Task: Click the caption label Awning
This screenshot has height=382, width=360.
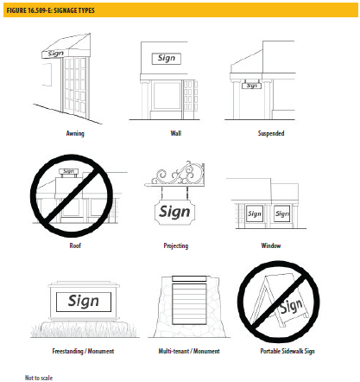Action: [x=75, y=133]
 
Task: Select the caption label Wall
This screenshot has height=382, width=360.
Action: [x=176, y=133]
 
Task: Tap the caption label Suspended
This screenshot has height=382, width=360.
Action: [x=271, y=133]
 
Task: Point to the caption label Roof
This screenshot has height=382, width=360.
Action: [x=75, y=245]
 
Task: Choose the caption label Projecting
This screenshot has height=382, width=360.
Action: [x=176, y=245]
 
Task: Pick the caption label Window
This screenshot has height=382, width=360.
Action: [x=271, y=245]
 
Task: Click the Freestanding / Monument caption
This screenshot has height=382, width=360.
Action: [x=83, y=351]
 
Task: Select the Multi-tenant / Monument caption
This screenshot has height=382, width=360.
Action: [x=189, y=351]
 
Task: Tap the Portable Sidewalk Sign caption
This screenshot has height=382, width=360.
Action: [x=287, y=351]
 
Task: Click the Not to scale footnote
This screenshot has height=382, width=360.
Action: [x=39, y=378]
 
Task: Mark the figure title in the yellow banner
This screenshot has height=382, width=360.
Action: [x=51, y=10]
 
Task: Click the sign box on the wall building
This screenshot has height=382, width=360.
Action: [x=167, y=59]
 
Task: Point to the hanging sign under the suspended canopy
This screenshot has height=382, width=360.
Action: [x=251, y=86]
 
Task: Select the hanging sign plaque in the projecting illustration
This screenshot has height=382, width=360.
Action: [x=174, y=213]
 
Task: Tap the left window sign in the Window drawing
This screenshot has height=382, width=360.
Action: [x=255, y=213]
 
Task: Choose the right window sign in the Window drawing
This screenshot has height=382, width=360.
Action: [x=281, y=213]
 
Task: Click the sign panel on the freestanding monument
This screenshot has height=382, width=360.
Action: [x=84, y=302]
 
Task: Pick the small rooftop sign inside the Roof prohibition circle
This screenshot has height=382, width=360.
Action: [x=68, y=171]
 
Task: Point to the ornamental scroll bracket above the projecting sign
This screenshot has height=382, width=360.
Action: [x=174, y=174]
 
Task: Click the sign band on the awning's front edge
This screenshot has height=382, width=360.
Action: [x=56, y=54]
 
